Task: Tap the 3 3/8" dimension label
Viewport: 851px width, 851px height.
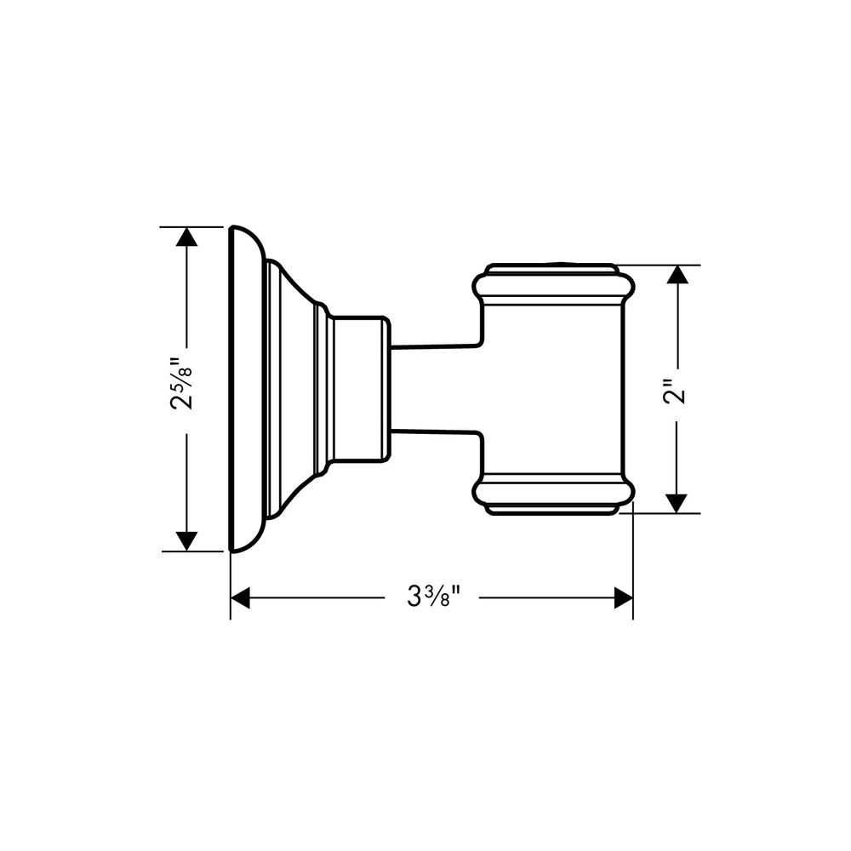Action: point(432,597)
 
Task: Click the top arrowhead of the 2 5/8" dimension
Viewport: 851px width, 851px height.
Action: point(186,237)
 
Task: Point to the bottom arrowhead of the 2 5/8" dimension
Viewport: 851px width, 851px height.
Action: point(186,541)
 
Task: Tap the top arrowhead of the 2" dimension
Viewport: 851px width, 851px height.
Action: point(677,275)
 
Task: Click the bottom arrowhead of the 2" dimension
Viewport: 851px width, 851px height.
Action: point(677,503)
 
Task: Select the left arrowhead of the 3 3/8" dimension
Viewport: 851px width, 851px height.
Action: point(241,598)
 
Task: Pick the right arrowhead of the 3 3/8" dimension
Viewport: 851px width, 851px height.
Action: point(623,598)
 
